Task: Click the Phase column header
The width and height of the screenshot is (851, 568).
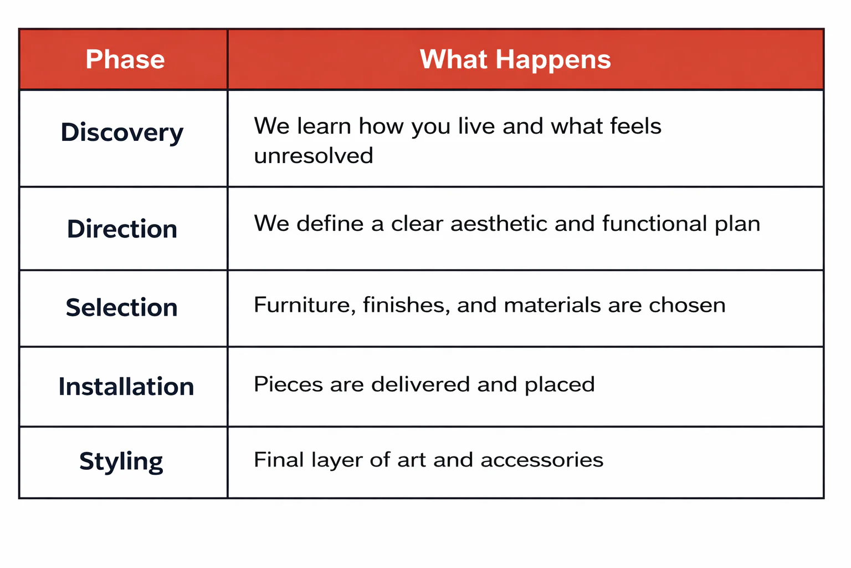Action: (125, 59)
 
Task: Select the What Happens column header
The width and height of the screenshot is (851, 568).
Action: (515, 59)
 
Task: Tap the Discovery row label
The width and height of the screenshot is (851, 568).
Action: (122, 133)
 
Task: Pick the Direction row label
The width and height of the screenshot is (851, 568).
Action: (122, 229)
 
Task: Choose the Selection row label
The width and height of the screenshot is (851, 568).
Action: (122, 308)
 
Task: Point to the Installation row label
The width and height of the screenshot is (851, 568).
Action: (126, 387)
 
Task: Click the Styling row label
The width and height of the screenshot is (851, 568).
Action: (121, 461)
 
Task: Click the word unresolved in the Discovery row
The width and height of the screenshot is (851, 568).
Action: (314, 156)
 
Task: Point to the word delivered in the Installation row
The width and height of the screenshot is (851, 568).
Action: (421, 384)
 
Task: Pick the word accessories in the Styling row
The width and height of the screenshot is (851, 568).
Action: (542, 460)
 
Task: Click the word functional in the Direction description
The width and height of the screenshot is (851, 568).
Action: (654, 224)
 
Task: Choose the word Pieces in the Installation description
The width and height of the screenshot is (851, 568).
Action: (288, 384)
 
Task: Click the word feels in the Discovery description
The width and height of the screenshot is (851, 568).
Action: (635, 126)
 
